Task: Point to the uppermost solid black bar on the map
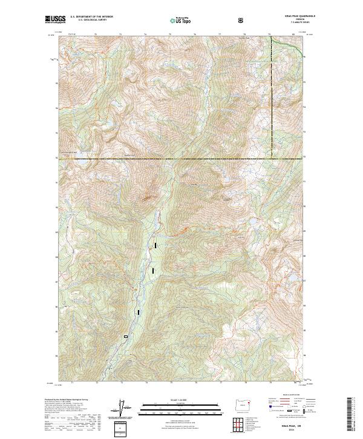point(155,246)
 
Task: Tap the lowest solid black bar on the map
point(139,312)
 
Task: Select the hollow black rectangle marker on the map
point(126,337)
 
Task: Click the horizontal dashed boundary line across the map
point(181,159)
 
